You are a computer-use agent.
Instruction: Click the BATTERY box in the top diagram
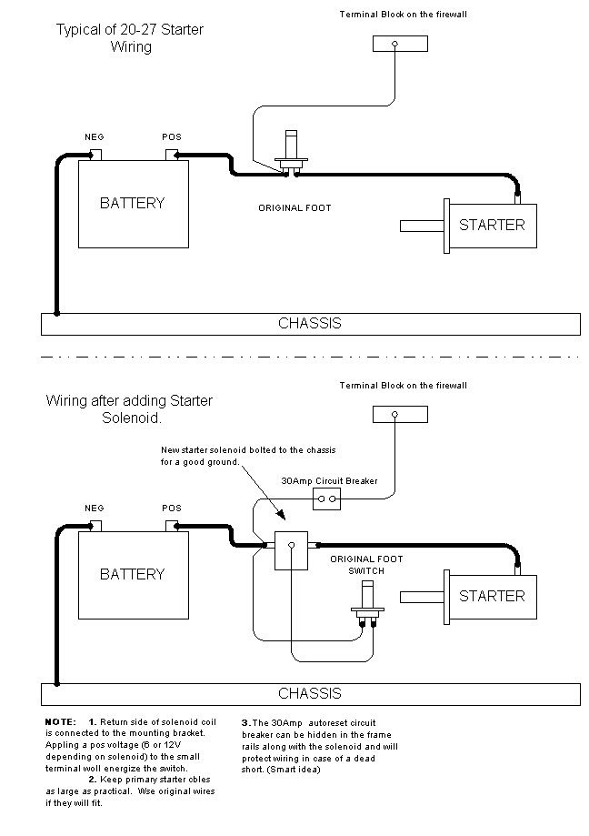pos(133,203)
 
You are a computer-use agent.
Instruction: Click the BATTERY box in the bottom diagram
pos(133,574)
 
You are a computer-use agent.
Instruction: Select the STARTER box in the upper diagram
pos(492,224)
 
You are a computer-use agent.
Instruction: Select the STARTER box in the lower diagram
pos(492,596)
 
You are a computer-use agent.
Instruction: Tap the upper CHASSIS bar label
pos(310,323)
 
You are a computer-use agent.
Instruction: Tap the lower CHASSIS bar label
pos(310,693)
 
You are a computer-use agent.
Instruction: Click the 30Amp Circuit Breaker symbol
pos(326,499)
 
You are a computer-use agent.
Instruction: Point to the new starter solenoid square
pos(292,548)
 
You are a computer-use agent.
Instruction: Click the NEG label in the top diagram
pos(95,136)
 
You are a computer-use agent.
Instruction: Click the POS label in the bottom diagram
pos(172,508)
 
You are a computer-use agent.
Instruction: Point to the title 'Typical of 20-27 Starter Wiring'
pos(130,38)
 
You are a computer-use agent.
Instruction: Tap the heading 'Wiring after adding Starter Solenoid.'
pos(130,408)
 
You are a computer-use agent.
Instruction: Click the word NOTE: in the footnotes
pos(61,721)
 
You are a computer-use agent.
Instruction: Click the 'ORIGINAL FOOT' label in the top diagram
pos(294,208)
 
